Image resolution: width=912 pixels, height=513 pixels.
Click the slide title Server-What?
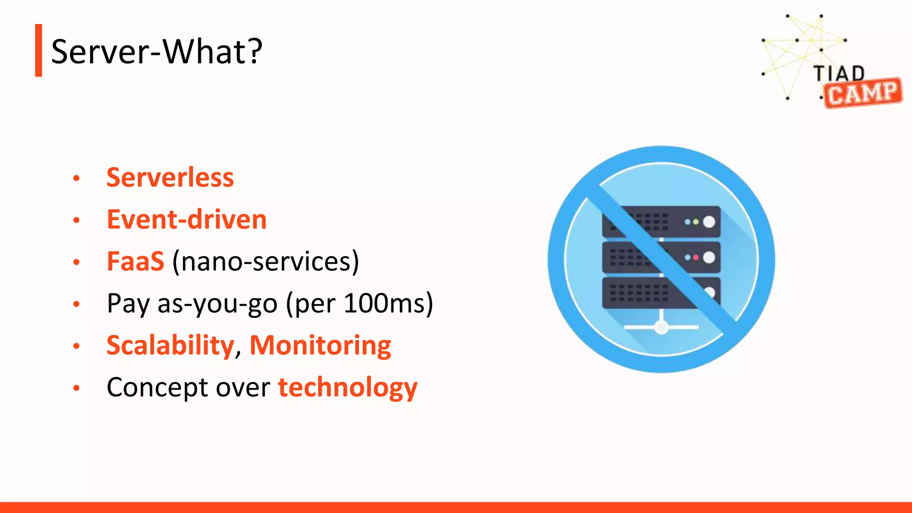pos(157,52)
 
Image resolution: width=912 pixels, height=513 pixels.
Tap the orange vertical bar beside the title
pos(39,50)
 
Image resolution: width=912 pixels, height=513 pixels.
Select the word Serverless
pos(170,178)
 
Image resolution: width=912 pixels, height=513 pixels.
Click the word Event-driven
pos(187,220)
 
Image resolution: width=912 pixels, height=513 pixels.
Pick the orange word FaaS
pos(135,261)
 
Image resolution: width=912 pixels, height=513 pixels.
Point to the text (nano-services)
pos(265,261)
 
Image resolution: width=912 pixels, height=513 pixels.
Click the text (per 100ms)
pos(359,304)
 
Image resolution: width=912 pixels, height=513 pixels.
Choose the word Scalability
pos(171,346)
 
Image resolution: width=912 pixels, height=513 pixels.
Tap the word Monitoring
pos(320,346)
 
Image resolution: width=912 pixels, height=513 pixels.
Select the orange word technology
pos(348,387)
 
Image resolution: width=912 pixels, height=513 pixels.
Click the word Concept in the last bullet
pos(157,387)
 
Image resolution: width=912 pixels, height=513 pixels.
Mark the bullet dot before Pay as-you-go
pos(77,305)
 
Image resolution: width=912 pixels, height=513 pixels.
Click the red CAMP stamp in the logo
pos(863,93)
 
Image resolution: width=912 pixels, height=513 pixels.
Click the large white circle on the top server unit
pos(709,222)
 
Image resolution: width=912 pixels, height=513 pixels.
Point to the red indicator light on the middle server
pos(696,257)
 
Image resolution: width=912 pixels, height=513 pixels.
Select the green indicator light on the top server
pos(696,222)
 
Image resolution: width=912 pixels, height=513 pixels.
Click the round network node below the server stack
pos(661,328)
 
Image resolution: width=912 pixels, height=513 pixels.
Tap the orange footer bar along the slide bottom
pos(456,507)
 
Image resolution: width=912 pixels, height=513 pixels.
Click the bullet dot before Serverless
pos(77,179)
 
